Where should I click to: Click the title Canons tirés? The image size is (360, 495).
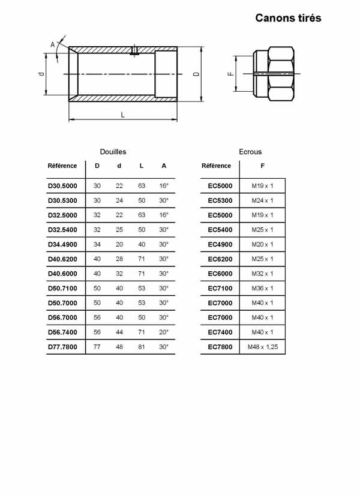[x=288, y=18]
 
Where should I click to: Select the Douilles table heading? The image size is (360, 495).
[x=113, y=152]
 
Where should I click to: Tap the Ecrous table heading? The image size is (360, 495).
[x=250, y=152]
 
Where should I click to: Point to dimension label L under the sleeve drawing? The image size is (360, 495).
[x=123, y=115]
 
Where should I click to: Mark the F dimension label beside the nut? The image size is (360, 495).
[x=230, y=74]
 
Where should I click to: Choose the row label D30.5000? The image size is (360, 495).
[x=62, y=186]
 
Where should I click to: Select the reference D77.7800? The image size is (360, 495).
[x=62, y=347]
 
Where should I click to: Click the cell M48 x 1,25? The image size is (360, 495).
[x=262, y=347]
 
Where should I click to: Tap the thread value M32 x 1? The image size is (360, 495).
[x=262, y=274]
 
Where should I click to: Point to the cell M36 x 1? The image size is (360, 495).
[x=262, y=289]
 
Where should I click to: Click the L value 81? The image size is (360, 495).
[x=142, y=347]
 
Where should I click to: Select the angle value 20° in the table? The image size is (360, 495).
[x=164, y=332]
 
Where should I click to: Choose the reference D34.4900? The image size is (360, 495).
[x=62, y=244]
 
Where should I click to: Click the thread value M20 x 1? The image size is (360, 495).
[x=262, y=244]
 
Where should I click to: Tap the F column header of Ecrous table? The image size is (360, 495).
[x=262, y=166]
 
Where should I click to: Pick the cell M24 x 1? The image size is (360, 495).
[x=262, y=200]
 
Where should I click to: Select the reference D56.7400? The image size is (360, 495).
[x=62, y=332]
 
